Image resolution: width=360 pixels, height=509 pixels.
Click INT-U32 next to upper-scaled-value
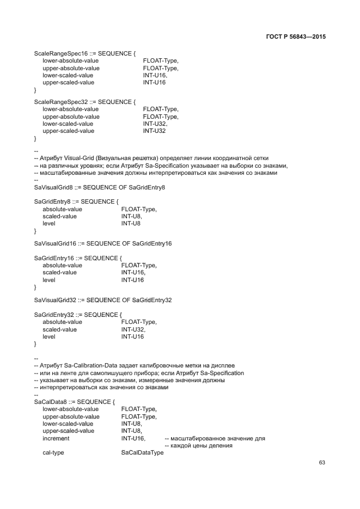pyautogui.click(x=154, y=131)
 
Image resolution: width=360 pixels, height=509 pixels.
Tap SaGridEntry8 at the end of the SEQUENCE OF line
pyautogui.click(x=147, y=187)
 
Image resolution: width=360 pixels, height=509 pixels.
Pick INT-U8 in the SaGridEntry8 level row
pyautogui.click(x=131, y=223)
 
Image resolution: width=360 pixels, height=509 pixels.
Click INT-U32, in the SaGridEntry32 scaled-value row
pyautogui.click(x=133, y=329)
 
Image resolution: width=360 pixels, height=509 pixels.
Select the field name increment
pyautogui.click(x=56, y=438)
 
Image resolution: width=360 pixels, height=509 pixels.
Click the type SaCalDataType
pyautogui.click(x=142, y=453)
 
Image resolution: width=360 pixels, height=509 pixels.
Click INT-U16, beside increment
pyautogui.click(x=133, y=438)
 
